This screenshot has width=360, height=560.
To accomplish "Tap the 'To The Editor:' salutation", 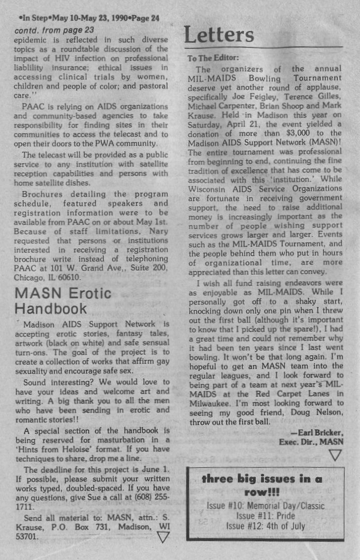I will pos(213,58).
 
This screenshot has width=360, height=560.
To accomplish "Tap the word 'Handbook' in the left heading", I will pos(50,309).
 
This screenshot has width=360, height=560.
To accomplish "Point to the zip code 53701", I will pos(27,536).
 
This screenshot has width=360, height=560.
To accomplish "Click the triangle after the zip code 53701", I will pos(163,537).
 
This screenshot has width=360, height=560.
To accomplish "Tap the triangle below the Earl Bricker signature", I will pos(335,455).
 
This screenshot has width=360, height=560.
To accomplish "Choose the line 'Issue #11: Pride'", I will pos(265,515).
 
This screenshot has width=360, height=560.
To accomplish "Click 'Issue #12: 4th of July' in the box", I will pos(265,526).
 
